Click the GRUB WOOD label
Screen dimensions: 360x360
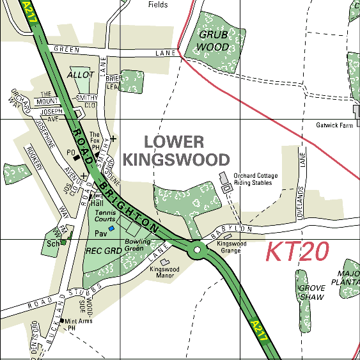[x=213, y=40]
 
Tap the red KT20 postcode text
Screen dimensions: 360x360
[x=297, y=252]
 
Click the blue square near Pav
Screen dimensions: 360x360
[x=111, y=228]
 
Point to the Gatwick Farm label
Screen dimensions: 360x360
[x=334, y=126]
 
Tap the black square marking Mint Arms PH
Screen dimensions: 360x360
[x=62, y=321]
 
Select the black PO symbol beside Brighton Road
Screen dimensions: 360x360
[x=77, y=157]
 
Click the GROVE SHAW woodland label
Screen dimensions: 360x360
[x=311, y=292]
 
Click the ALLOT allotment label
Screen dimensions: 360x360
[x=81, y=75]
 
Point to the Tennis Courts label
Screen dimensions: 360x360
[x=106, y=215]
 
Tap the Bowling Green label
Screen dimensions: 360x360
[x=137, y=244]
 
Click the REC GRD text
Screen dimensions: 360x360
[x=103, y=251]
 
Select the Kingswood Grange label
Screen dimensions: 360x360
[x=231, y=247]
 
